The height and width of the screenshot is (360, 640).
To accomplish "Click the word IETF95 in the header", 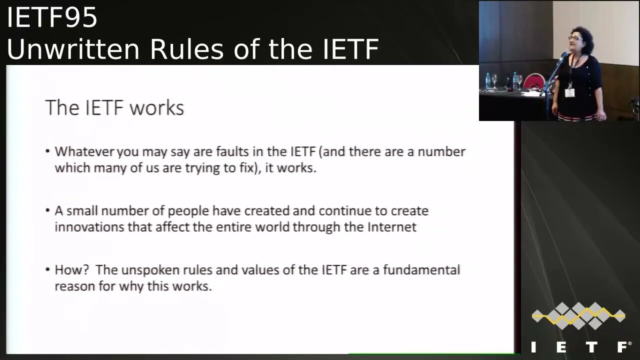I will pos(52,18).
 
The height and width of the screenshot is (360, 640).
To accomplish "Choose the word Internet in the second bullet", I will pos(392,227).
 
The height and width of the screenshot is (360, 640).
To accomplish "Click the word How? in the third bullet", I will pos(71,270).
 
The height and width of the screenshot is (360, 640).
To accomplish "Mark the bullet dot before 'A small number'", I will pos(47,211).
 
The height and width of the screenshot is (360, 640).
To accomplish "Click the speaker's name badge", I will pos(569,92).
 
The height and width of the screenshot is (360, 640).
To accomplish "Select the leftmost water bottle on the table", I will pos(487,80).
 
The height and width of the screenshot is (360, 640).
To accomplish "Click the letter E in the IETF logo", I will pos(561,346).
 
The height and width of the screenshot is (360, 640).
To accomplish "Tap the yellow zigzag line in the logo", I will pos(578,315).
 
